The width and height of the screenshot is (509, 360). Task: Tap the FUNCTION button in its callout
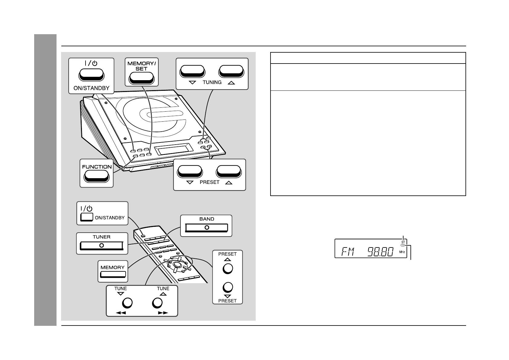click(x=96, y=176)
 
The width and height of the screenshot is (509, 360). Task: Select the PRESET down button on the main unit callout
click(x=190, y=171)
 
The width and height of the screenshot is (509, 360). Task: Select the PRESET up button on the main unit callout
click(x=229, y=171)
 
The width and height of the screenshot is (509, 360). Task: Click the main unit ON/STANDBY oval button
click(x=91, y=75)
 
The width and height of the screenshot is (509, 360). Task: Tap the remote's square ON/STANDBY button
click(x=86, y=217)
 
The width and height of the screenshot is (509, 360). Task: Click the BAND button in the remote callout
click(x=206, y=227)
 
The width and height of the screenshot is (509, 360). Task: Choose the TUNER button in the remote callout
click(x=102, y=245)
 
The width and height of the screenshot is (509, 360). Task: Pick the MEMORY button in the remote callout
click(x=113, y=274)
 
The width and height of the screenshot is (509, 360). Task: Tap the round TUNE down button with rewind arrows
click(x=127, y=303)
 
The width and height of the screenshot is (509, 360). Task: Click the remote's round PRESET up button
click(x=228, y=268)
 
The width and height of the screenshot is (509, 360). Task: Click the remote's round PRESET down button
click(x=228, y=287)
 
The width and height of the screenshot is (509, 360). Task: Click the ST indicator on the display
click(x=403, y=242)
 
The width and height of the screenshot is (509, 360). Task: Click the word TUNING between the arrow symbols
click(x=212, y=82)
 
